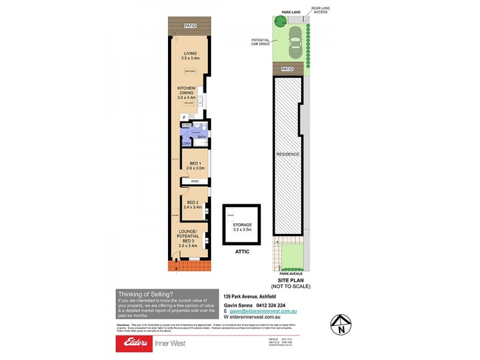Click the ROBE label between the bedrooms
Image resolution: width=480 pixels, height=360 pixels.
pos(195,181)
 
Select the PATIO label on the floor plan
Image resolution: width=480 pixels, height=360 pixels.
pos(190,26)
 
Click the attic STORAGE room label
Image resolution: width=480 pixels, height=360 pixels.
pos(242,227)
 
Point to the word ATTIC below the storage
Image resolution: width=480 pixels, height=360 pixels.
pos(242,252)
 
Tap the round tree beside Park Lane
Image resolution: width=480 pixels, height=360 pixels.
pos(280,22)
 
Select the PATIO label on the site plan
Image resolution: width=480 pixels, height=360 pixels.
pos(287,69)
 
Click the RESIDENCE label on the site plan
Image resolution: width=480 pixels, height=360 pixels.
pos(287,154)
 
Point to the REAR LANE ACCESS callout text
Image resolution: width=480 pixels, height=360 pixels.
pos(319,11)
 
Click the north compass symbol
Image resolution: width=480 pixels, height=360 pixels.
pos(341,324)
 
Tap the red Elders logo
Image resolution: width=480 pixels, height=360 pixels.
pos(137,343)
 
